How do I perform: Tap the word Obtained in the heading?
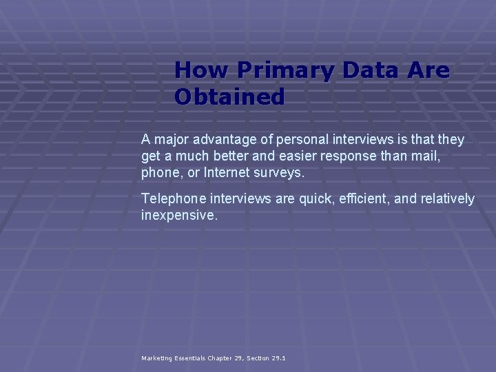coord(229,97)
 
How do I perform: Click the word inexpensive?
coord(179,216)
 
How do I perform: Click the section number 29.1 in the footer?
coord(278,358)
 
